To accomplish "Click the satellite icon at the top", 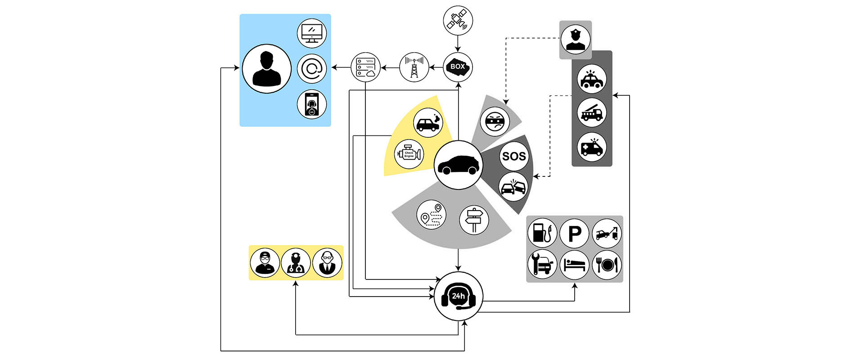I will pos(458,21).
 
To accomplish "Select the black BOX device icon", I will pos(458,67).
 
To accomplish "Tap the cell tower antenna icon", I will pos(414,67).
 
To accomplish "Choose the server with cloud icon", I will pos(365,67).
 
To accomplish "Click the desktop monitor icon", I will pos(312,33).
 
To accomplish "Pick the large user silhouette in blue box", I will pos(267,68).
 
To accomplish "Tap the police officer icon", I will pos(576,40).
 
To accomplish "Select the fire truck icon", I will pos(592,112).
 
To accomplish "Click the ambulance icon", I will pos(592,147).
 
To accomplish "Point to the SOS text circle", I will pos(513,156).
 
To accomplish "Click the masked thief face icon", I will pos(495,121).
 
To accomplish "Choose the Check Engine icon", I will pos(409,154).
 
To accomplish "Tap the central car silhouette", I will pos(458,165).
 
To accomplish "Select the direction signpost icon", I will pos(474,220).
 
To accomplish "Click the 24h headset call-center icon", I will pos(458,297).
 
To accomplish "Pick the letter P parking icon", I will pos(575,233).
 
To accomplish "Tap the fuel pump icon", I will pos(542,233).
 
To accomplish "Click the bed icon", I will pos(575,265).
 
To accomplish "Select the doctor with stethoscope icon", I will pos(296,263).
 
